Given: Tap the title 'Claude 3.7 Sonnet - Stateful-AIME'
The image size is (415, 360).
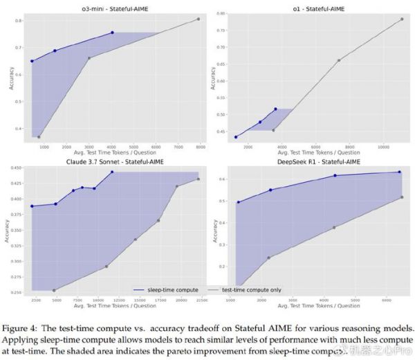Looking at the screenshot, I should coord(113,161).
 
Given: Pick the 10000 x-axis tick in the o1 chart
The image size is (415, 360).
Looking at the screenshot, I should coord(384,148).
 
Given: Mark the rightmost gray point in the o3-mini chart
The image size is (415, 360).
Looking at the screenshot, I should coord(198,19).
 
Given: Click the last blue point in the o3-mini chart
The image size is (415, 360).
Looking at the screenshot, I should coord(112,33).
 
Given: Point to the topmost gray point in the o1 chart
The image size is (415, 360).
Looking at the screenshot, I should coord(401,19).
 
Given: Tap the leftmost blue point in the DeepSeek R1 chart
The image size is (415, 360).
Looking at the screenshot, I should coord(238,202).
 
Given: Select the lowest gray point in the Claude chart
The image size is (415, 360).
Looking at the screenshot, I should coord(54,290).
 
